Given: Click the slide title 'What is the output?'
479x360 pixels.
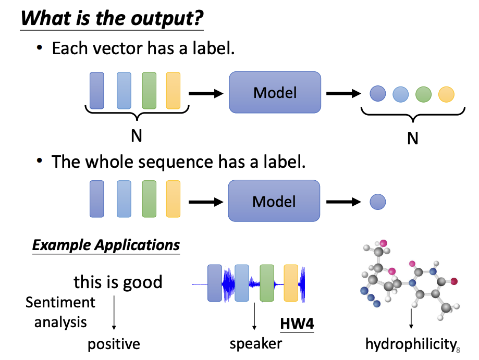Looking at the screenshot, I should coord(112,19).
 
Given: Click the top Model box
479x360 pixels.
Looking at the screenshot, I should coord(275,93).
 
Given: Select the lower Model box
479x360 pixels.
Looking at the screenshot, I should coord(274,201).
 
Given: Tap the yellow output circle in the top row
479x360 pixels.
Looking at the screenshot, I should coord(446,94).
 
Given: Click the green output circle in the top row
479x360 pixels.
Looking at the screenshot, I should coord(423,94).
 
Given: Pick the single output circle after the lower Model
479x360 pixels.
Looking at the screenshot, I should coord(377,202).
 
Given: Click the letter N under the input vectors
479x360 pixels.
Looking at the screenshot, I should coord(136,135).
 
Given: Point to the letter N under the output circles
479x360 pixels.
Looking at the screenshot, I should coord(412,139).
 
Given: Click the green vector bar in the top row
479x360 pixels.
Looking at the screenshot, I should coord(149,91).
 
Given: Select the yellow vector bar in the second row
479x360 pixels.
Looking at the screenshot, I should coord(173,198).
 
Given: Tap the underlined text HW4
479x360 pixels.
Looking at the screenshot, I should coord(297,324).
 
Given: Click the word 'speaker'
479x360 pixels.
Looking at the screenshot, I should coord(255,343).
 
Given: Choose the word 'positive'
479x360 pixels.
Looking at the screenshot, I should coord(114,344).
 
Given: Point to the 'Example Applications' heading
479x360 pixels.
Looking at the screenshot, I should coord(106,245).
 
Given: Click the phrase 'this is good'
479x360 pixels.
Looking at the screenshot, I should coord(118,282).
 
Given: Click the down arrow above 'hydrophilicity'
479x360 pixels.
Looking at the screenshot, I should coord(411,319).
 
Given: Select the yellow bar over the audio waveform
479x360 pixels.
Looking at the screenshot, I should coord(291,283).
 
